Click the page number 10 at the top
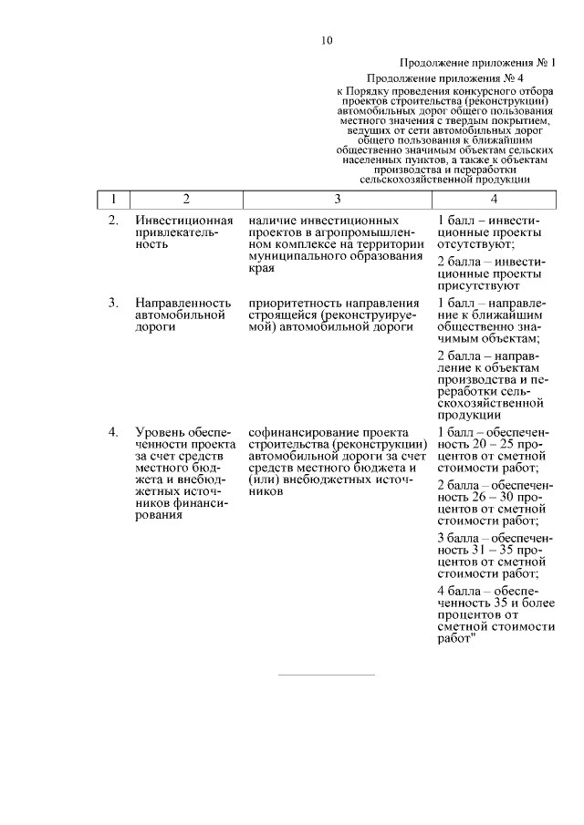(x=327, y=40)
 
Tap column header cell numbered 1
(x=112, y=200)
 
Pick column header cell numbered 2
(x=186, y=200)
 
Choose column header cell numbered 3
(x=337, y=200)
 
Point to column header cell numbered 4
(x=493, y=200)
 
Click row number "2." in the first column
(x=113, y=222)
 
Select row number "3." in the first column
(x=113, y=303)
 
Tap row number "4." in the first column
(x=113, y=431)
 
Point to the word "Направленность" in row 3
(x=181, y=303)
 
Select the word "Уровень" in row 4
(x=160, y=431)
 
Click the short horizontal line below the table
(x=326, y=675)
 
